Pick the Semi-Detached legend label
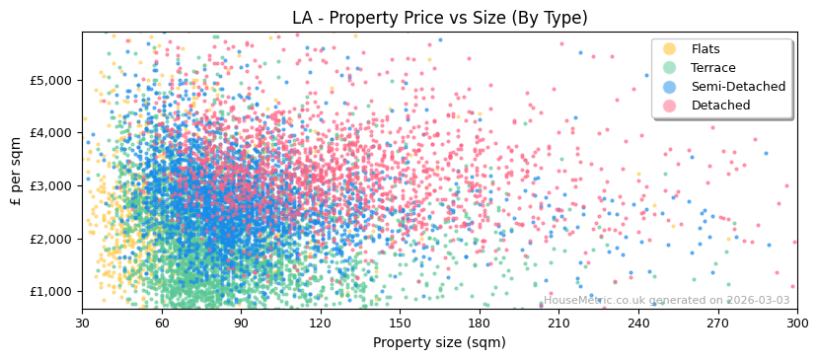point(738,87)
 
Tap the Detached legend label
point(720,106)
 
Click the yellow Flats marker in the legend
point(670,49)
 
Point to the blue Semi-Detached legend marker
point(670,87)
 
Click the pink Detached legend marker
point(670,106)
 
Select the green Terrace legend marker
point(670,68)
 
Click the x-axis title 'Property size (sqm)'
point(439,343)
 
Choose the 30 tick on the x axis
point(82,323)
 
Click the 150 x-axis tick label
point(400,323)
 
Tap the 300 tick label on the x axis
point(796,323)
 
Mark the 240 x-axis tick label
point(637,323)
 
